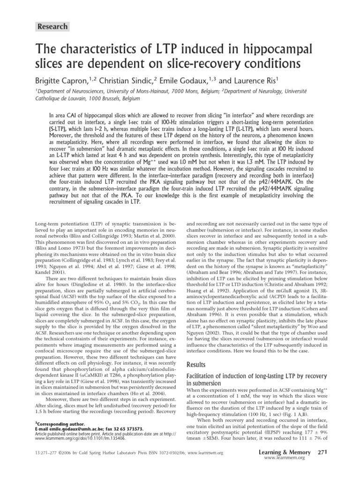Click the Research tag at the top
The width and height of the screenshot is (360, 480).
(x=53, y=26)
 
